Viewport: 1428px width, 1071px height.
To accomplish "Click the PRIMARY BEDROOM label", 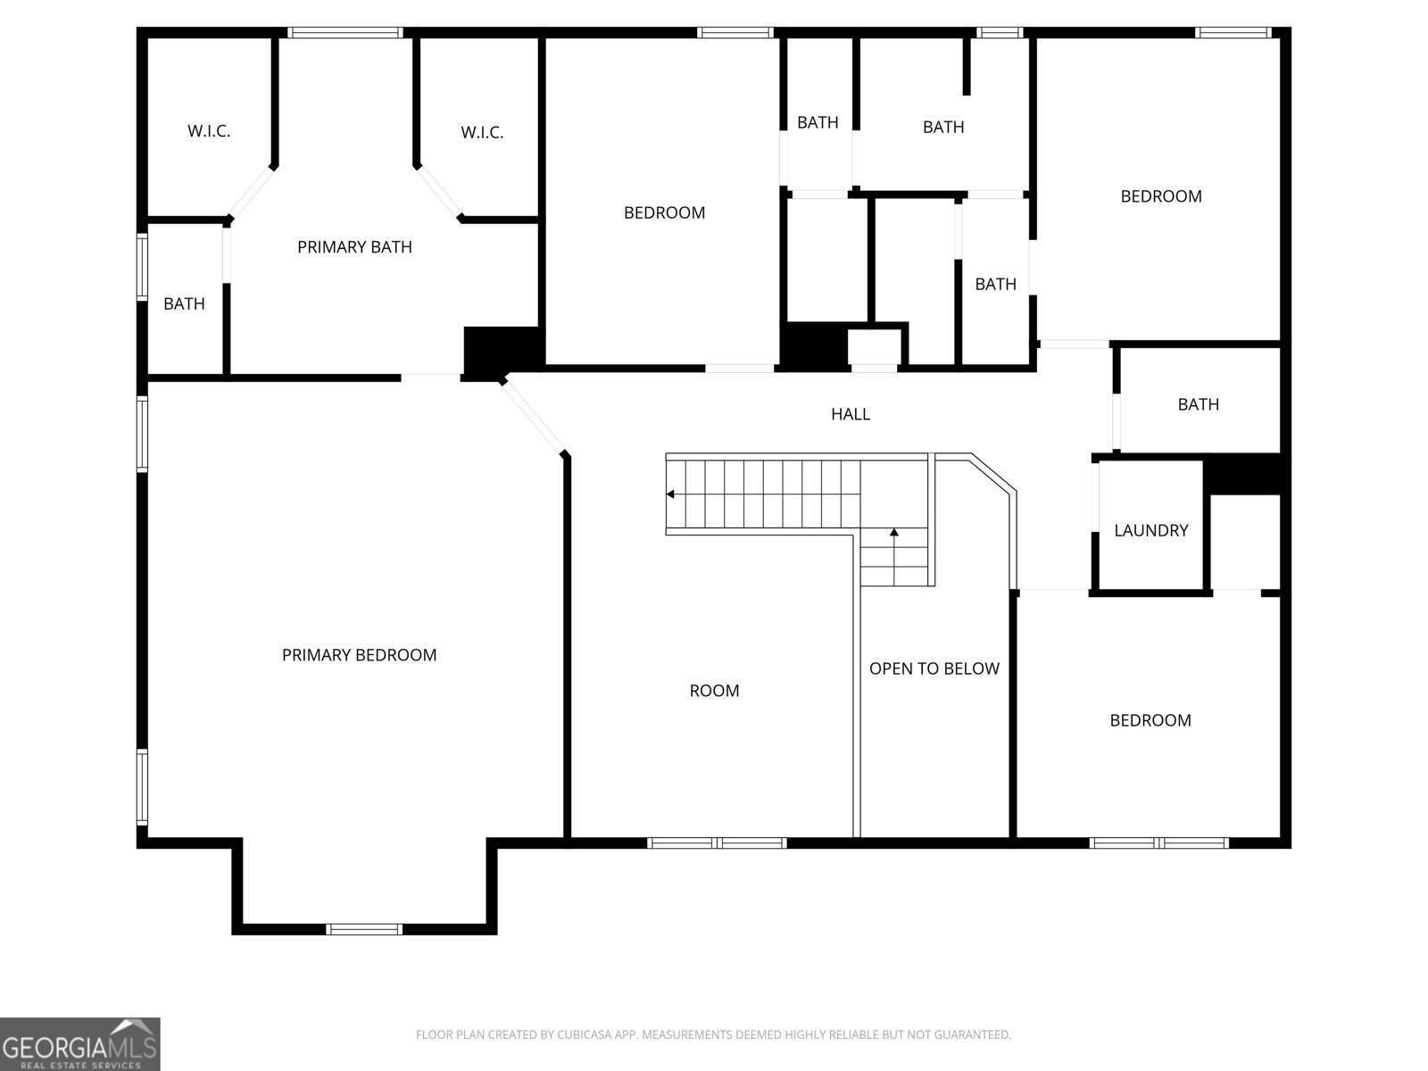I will (x=359, y=655).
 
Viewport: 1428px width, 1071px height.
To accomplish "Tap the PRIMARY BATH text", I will (x=354, y=247).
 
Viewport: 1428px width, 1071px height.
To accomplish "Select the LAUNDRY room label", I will (x=1150, y=530).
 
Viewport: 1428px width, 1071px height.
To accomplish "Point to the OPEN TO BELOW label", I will (x=934, y=668).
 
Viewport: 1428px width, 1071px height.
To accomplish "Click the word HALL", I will (x=850, y=414).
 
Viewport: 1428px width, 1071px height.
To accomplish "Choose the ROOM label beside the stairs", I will (x=714, y=691).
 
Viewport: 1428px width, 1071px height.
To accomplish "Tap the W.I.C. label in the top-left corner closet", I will (x=209, y=131).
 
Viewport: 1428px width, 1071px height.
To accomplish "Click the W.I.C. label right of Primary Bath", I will (x=482, y=133).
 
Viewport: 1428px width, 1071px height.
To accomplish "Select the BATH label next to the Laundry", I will (x=1198, y=404).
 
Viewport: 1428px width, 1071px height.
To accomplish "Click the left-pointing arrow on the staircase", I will (x=670, y=494).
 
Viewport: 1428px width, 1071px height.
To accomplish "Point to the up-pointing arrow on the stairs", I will (x=893, y=533).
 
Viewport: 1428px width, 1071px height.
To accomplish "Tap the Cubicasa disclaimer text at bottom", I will (x=713, y=1035).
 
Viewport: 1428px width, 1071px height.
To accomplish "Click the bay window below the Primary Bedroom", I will (x=364, y=929).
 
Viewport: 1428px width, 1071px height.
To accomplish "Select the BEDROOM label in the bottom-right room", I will (x=1150, y=720).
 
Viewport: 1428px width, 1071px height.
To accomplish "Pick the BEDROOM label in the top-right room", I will (x=1160, y=196).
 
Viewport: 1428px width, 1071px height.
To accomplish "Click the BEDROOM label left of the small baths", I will (x=664, y=212).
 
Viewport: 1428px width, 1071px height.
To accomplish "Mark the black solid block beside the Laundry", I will (x=1242, y=473).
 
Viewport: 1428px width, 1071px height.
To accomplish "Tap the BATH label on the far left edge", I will (x=184, y=304).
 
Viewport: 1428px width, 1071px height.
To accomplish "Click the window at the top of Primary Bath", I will (x=345, y=33).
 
